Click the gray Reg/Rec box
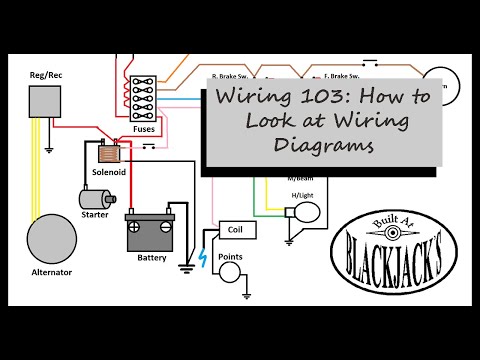pyautogui.click(x=46, y=101)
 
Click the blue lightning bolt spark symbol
pyautogui.click(x=203, y=256)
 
